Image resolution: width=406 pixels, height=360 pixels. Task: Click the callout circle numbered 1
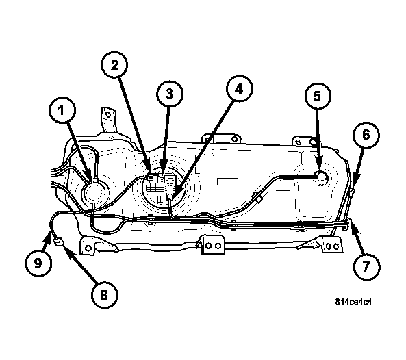[62, 110]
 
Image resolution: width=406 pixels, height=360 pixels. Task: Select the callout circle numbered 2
[114, 65]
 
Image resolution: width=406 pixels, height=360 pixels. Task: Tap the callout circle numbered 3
[170, 94]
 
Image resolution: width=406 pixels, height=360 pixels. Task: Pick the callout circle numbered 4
[239, 89]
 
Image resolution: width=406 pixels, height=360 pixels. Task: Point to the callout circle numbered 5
[318, 96]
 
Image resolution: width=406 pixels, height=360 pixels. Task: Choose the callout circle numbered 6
[366, 135]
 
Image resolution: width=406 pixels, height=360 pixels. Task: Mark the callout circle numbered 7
[367, 266]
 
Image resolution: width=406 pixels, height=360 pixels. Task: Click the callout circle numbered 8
[104, 294]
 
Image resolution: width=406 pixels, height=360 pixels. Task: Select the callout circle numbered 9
[38, 263]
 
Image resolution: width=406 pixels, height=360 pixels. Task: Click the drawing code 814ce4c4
[354, 302]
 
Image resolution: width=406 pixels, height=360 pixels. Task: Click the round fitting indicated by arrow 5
[322, 177]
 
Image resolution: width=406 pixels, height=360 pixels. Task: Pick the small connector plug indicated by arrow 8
[58, 243]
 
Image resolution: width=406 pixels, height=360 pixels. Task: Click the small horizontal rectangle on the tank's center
[227, 181]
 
